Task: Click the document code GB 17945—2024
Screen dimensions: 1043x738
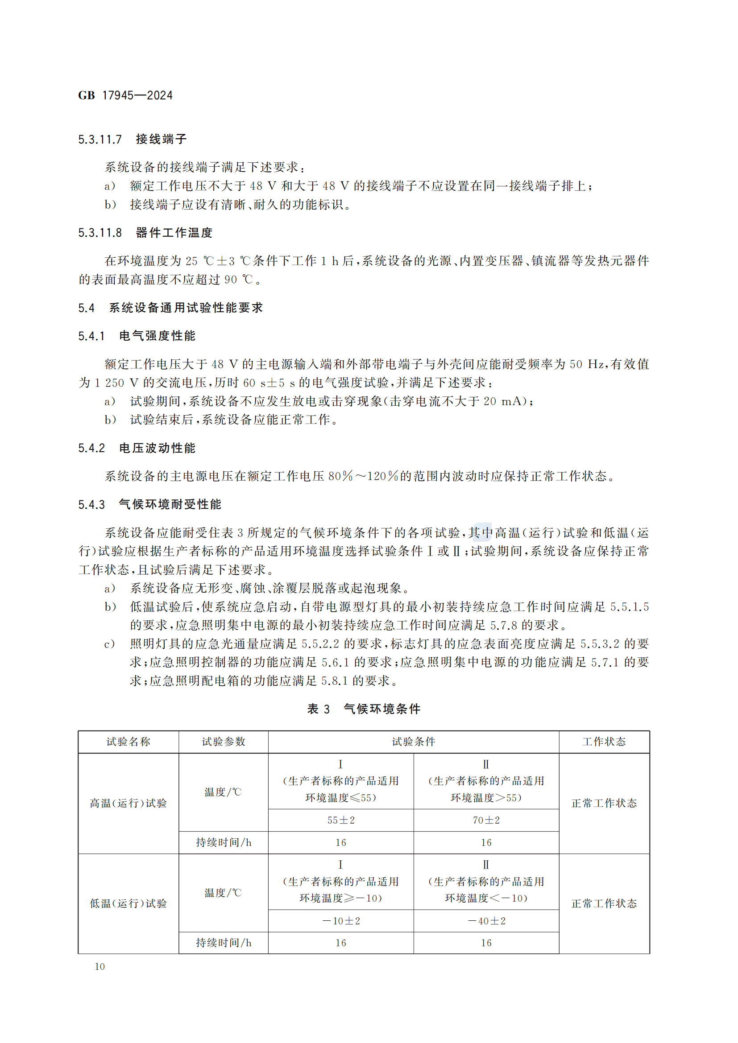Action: click(x=125, y=95)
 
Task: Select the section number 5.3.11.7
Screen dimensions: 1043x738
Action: click(x=100, y=140)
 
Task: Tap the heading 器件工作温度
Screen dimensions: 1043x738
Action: click(x=174, y=233)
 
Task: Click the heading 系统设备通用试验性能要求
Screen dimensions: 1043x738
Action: click(x=186, y=308)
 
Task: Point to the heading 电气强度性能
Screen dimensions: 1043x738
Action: click(x=157, y=336)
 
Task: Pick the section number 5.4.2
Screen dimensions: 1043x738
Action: click(x=91, y=448)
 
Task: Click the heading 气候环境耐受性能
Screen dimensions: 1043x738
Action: click(x=170, y=505)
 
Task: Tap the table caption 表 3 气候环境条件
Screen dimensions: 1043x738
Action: click(x=364, y=709)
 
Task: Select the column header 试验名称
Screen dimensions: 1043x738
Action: click(x=128, y=742)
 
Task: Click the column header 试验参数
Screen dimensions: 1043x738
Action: click(x=223, y=742)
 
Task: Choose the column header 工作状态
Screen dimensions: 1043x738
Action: click(x=604, y=742)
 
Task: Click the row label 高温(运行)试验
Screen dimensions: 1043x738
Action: click(x=128, y=803)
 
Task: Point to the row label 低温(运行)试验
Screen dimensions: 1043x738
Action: click(x=128, y=903)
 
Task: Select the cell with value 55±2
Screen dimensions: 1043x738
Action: click(x=341, y=820)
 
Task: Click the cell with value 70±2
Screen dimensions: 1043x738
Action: click(x=486, y=820)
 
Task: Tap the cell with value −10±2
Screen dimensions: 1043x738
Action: click(x=341, y=921)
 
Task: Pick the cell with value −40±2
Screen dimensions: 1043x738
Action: click(x=486, y=921)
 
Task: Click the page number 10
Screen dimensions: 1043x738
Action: click(x=100, y=967)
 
